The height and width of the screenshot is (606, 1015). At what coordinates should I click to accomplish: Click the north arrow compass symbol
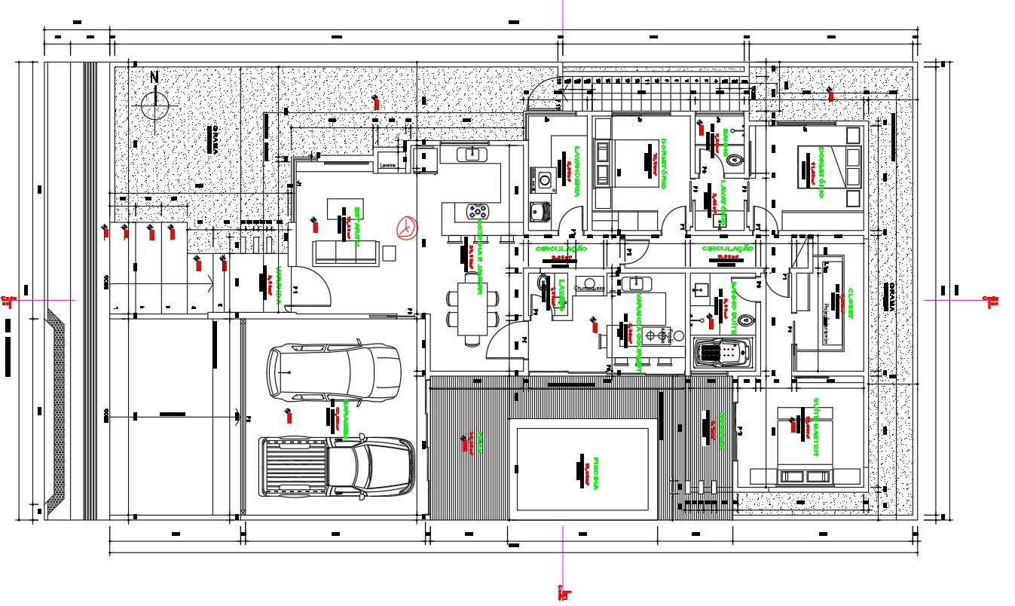155,104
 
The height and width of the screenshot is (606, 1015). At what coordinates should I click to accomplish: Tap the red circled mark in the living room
406,227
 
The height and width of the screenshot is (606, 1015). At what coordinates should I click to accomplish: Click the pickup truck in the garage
337,467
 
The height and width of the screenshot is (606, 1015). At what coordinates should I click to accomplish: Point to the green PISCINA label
595,473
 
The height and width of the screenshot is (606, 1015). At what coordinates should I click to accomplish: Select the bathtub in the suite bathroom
721,353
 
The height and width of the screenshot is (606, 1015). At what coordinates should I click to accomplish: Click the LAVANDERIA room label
576,172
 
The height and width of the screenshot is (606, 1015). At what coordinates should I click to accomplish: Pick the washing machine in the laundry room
544,180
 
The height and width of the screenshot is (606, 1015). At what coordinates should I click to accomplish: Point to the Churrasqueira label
591,288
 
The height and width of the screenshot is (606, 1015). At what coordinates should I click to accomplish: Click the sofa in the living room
346,252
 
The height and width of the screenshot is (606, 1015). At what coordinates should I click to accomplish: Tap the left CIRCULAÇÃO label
560,249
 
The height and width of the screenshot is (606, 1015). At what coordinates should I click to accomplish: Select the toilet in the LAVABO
542,282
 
